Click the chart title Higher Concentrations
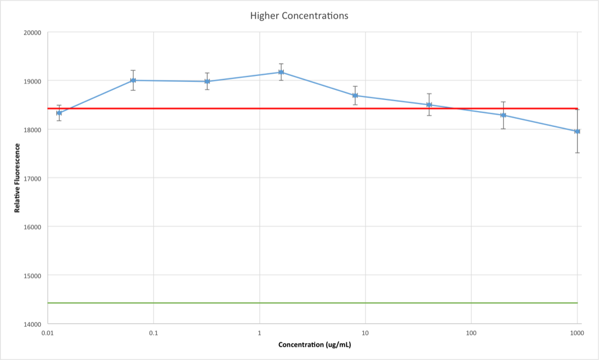(x=299, y=16)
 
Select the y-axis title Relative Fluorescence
(x=17, y=178)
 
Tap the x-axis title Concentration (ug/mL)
(x=314, y=345)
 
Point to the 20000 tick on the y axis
(x=33, y=33)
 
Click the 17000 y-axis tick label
(x=33, y=179)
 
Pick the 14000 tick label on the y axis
(x=33, y=324)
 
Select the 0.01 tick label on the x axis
(x=47, y=333)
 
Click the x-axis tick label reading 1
(x=259, y=333)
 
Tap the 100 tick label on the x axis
(x=471, y=333)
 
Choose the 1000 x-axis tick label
(x=577, y=333)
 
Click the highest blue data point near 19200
(x=281, y=72)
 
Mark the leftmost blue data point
(x=59, y=113)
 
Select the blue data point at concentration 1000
(x=577, y=132)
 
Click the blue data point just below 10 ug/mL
(x=355, y=95)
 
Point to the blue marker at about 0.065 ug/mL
(x=133, y=80)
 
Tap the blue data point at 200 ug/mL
(x=503, y=115)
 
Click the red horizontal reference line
(x=312, y=108)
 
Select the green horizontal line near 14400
(x=312, y=303)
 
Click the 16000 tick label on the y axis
(x=33, y=227)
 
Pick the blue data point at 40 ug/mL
(x=429, y=105)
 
